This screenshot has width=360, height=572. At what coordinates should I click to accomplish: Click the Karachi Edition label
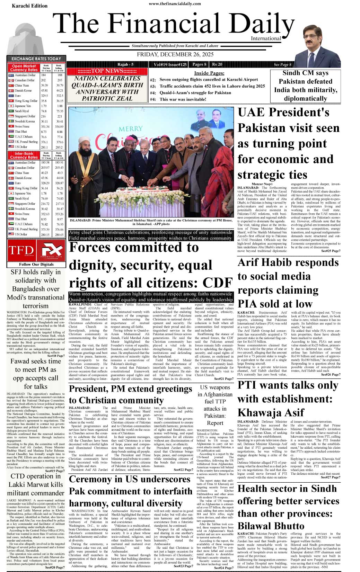[x=29, y=6]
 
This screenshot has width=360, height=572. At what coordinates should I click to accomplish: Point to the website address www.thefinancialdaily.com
[x=175, y=4]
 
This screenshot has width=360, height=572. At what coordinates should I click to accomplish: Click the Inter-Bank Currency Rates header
[x=24, y=155]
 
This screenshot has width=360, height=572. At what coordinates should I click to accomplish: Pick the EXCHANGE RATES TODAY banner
[x=36, y=59]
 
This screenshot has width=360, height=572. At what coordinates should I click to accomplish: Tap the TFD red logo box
[x=21, y=250]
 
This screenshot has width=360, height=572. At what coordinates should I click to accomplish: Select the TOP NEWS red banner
[x=107, y=71]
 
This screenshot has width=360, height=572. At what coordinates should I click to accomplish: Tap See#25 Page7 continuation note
[x=331, y=251]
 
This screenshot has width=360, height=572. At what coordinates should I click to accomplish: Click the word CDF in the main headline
[x=218, y=283]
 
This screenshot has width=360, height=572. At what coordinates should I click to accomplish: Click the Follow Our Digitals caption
[x=36, y=264]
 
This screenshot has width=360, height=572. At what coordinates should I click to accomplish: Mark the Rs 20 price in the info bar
[x=217, y=64]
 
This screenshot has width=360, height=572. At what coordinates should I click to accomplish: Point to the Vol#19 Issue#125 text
[x=170, y=64]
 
